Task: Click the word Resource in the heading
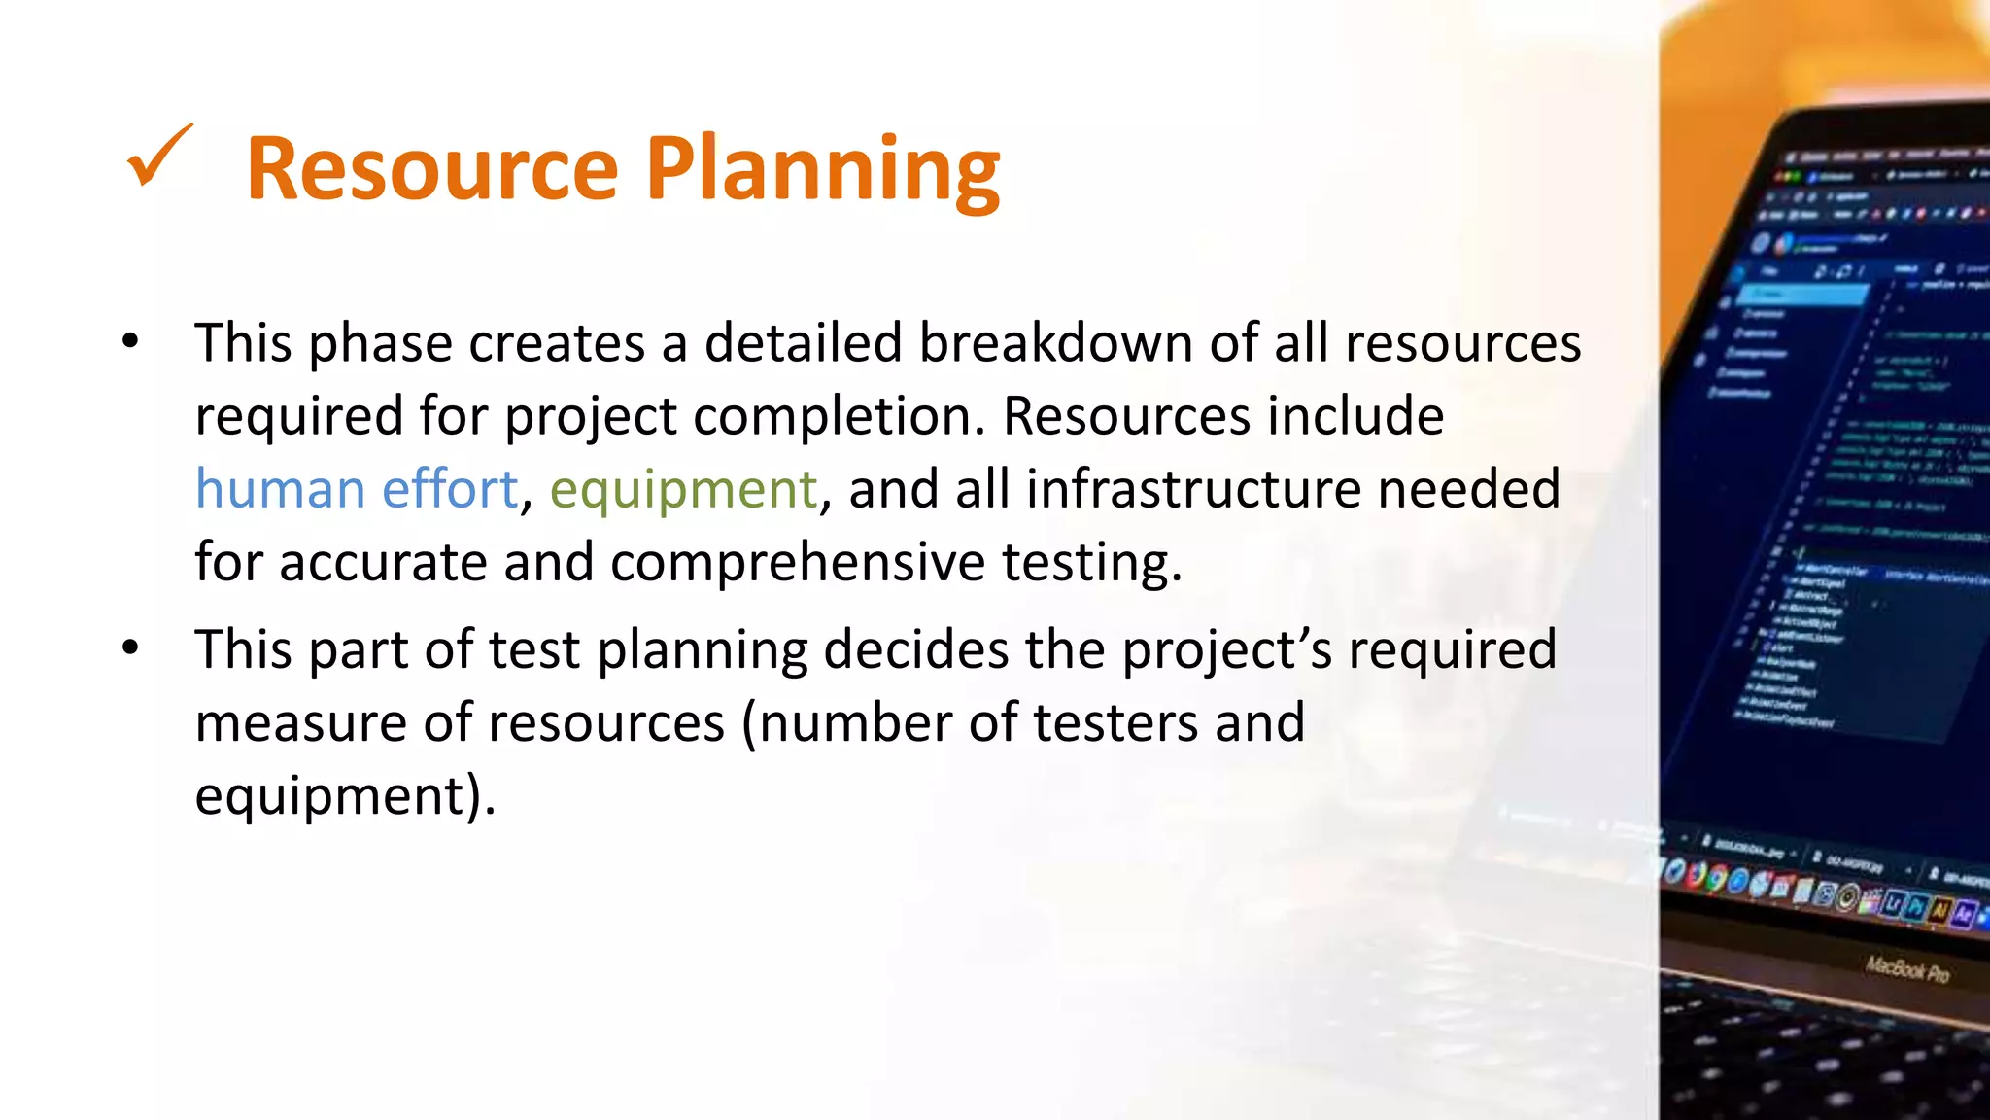(432, 169)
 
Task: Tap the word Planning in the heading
(823, 171)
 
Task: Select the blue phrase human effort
(357, 488)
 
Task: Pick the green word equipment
(683, 490)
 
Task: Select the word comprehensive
(798, 562)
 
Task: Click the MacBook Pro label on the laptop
(1906, 969)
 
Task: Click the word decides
(915, 649)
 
